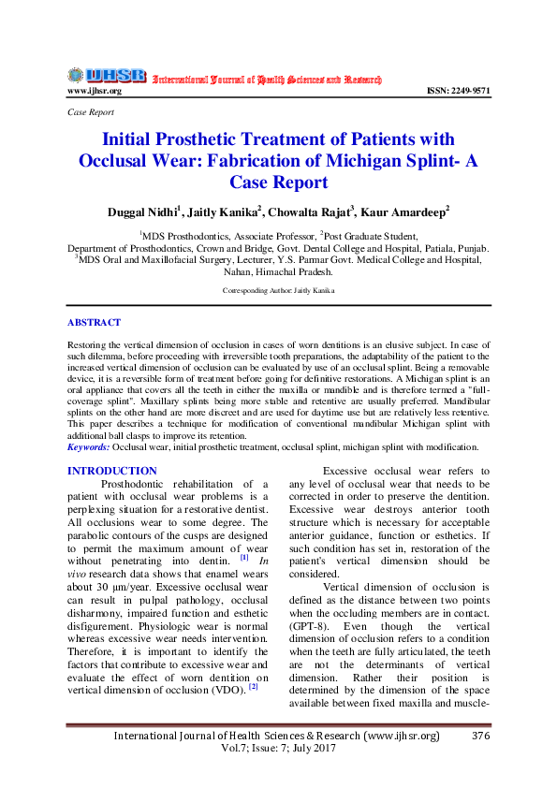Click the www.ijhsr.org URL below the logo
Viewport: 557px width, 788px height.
[94, 91]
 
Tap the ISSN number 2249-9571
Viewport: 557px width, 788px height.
[458, 91]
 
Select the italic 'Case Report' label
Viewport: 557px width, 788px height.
[91, 111]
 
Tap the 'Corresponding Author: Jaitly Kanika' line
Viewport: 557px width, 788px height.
[278, 291]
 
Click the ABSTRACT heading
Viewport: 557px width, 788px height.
[94, 322]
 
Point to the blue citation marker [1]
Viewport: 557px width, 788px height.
[244, 557]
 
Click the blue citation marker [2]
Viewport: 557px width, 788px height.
[253, 688]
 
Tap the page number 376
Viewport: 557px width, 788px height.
[482, 737]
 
